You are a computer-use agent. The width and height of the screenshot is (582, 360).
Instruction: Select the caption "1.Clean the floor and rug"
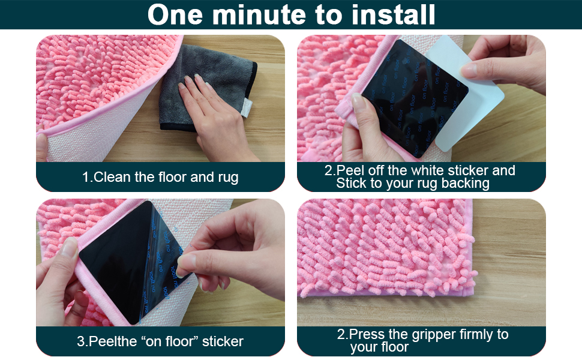(160, 177)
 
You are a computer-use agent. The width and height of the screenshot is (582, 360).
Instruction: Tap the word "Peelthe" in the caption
(114, 341)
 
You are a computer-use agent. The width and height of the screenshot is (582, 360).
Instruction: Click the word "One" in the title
(174, 14)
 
